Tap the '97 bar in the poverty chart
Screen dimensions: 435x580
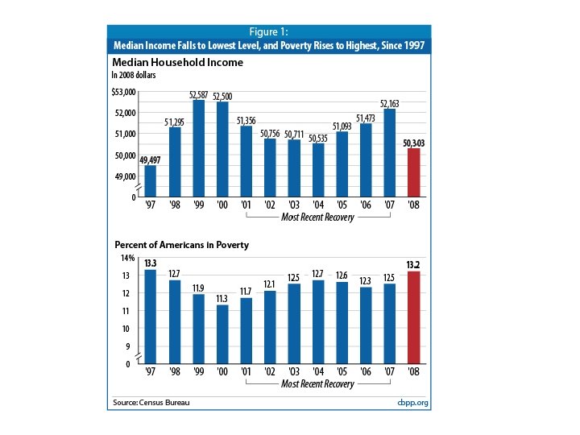pos(150,317)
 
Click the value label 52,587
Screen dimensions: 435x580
pos(198,94)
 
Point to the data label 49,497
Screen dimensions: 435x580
pos(150,159)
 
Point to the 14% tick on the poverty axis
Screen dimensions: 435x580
pos(128,258)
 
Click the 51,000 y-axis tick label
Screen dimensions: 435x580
pos(125,134)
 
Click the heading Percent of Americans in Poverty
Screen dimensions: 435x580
pos(181,244)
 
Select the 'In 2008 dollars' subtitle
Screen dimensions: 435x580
pos(134,75)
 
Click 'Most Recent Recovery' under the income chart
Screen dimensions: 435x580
pos(317,217)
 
